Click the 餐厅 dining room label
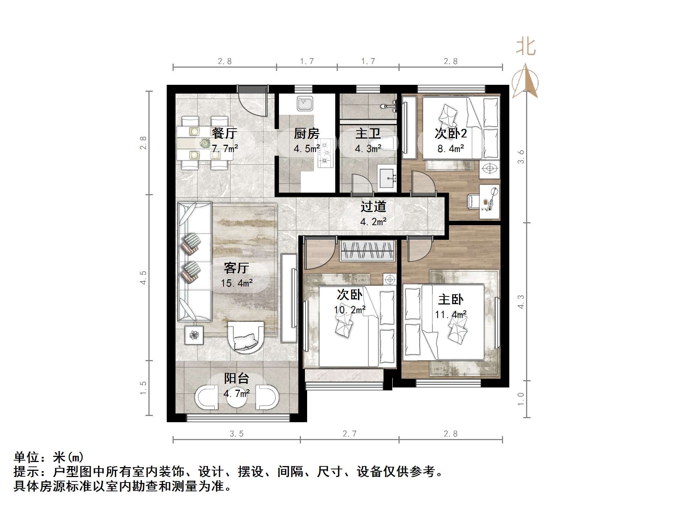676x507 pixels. [x=224, y=133]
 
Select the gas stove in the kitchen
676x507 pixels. [x=325, y=153]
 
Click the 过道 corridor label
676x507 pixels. [x=373, y=207]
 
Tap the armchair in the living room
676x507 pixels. [x=246, y=337]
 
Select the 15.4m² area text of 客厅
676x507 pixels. [x=237, y=283]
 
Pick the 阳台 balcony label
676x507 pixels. [x=237, y=378]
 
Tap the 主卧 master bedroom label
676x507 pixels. [x=450, y=300]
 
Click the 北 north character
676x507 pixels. [x=526, y=47]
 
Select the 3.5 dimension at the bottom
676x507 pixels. [x=237, y=434]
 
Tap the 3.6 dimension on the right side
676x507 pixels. [x=521, y=157]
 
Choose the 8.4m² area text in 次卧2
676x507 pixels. [x=450, y=148]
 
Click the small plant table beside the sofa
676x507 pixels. [x=194, y=334]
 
